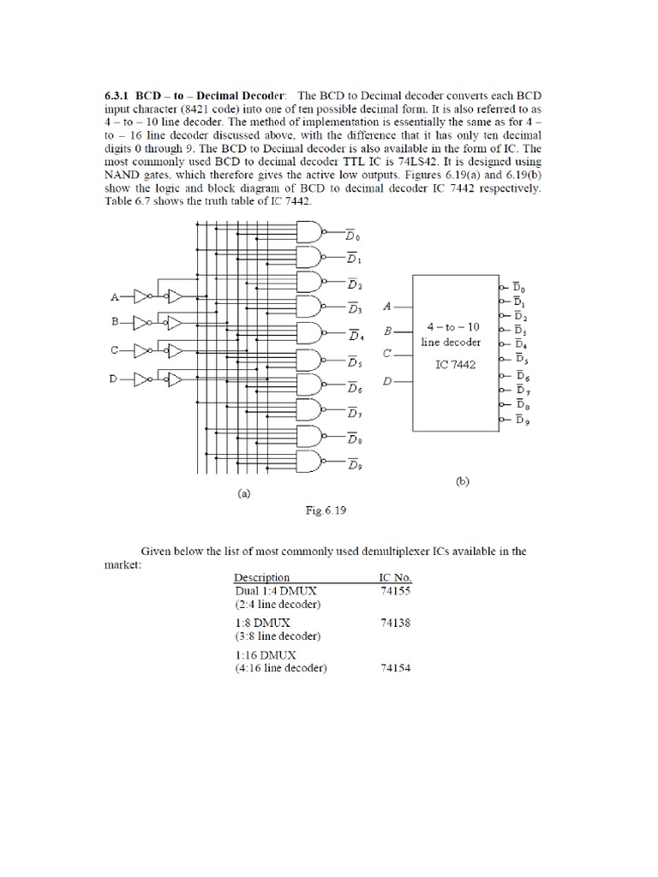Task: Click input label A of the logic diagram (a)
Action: point(114,297)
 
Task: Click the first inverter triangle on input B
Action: point(141,324)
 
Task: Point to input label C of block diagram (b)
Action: point(387,353)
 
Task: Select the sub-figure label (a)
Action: point(243,493)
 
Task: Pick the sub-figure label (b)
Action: point(462,482)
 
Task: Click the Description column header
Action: point(262,577)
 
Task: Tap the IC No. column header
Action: point(396,577)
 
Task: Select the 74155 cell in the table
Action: point(395,590)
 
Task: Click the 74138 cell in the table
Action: point(395,623)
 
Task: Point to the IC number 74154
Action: point(395,668)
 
